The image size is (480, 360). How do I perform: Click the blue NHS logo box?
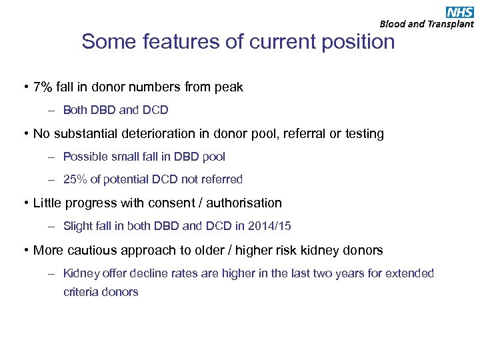pyautogui.click(x=460, y=11)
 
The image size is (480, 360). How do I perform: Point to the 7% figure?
pyautogui.click(x=44, y=87)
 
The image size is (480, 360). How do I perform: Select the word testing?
pyautogui.click(x=361, y=134)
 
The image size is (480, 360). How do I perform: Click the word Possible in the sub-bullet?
pyautogui.click(x=83, y=157)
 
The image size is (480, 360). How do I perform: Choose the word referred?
pyautogui.click(x=222, y=179)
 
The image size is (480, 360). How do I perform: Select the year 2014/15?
pyautogui.click(x=269, y=226)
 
